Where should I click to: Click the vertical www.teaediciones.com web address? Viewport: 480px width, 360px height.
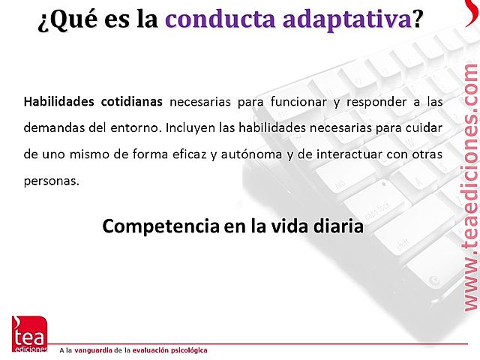pyautogui.click(x=469, y=187)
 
